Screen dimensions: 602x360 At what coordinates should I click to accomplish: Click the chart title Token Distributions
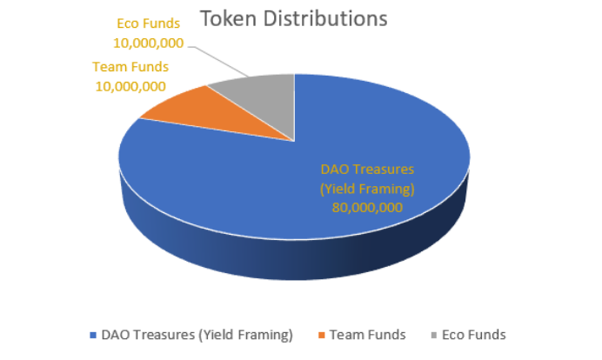[294, 19]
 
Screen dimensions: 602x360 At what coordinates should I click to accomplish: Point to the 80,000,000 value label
[367, 208]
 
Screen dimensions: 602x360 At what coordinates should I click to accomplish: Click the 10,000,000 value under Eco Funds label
[148, 43]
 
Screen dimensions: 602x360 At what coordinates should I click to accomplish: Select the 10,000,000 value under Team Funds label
[130, 86]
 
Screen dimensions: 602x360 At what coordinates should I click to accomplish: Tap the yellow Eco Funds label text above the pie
[148, 23]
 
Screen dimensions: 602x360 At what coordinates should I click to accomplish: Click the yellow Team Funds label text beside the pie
[130, 67]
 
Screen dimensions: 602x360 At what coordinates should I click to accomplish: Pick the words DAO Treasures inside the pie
[367, 170]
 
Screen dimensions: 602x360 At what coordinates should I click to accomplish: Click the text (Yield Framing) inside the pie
[367, 189]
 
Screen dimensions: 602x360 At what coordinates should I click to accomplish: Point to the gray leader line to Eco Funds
[218, 62]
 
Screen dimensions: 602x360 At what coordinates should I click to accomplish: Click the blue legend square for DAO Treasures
[93, 335]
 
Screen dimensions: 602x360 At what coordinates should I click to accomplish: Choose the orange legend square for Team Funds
[322, 335]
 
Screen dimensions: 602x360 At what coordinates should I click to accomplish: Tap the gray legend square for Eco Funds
[434, 335]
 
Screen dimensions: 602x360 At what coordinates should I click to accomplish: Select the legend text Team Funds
[368, 335]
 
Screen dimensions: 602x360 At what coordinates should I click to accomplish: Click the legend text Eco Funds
[474, 335]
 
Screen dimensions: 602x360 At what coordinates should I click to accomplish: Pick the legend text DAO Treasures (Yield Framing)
[197, 335]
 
